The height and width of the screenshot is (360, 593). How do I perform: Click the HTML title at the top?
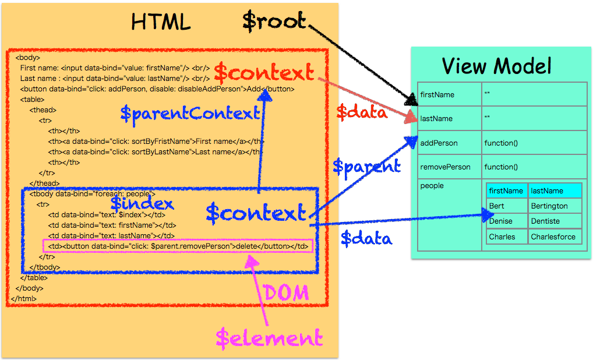161,22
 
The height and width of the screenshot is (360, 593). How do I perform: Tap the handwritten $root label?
274,21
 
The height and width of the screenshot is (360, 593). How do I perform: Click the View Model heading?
497,66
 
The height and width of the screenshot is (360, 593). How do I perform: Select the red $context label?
264,73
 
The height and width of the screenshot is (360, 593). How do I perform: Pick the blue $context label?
256,213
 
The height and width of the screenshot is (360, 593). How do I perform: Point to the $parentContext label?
190,113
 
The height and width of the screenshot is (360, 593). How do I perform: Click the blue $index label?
142,203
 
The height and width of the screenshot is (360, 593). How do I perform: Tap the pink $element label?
269,337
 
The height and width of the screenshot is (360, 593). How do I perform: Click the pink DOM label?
286,293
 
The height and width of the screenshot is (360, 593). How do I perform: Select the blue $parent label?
366,167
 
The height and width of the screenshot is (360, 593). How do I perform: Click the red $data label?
362,111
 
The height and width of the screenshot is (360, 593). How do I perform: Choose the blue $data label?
366,238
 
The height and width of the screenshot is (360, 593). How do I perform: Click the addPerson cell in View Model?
439,143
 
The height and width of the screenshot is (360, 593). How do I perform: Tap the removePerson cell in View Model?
445,167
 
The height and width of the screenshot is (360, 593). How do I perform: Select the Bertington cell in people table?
549,206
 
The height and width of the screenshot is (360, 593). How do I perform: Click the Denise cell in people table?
501,221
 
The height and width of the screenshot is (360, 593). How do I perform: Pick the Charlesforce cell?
553,237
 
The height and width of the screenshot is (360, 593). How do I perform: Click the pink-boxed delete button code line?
178,246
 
